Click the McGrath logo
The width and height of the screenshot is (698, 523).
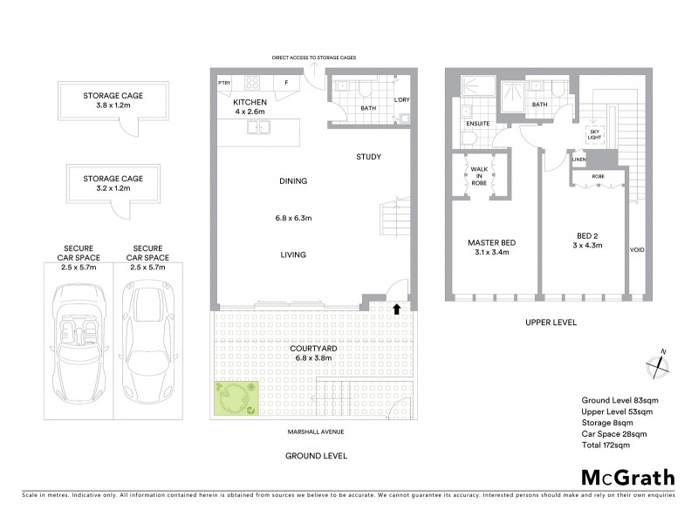coord(627,477)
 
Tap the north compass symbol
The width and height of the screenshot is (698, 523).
coord(660,363)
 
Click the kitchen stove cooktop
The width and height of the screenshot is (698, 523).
coord(252,84)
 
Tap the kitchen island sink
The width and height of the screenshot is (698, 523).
coord(258,128)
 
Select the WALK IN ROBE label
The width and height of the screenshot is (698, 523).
coord(479,177)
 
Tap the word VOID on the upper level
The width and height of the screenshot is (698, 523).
coord(637,250)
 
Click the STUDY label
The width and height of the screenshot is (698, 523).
coord(368,157)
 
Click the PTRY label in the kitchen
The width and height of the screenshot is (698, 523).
coord(224,83)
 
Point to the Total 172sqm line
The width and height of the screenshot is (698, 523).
coord(606,445)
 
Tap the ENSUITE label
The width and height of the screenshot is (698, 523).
coord(478,124)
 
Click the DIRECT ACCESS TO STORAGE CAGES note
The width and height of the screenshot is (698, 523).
coord(313,58)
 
